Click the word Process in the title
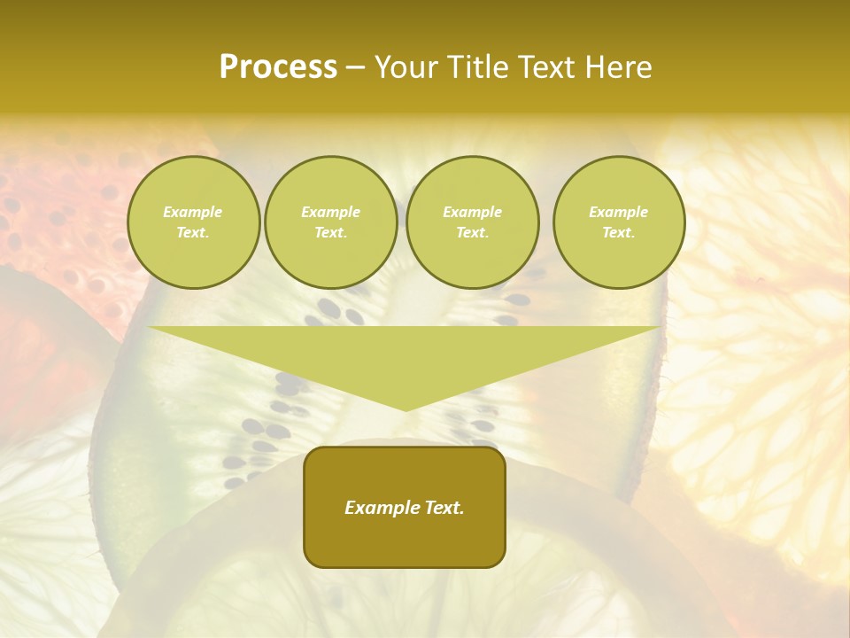click(278, 67)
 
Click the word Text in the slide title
click(549, 67)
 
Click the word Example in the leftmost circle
click(193, 212)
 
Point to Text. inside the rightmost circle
click(619, 232)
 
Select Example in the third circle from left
click(472, 212)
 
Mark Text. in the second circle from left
click(330, 232)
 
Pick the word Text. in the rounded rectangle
click(444, 508)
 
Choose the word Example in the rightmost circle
click(619, 212)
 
